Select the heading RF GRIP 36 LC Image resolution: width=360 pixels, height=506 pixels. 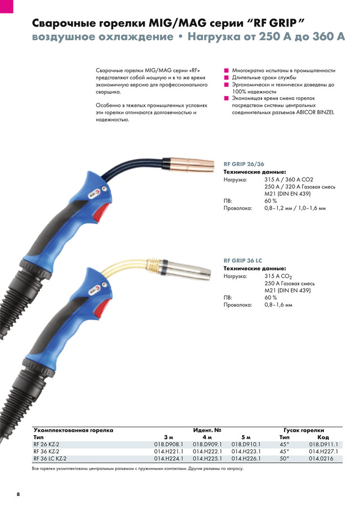coord(243,261)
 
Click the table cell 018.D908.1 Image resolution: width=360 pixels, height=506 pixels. coord(169,444)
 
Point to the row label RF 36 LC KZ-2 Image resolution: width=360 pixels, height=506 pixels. coord(50,458)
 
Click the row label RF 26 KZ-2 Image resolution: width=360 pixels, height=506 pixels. coord(46,444)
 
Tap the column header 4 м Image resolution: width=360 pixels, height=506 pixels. coord(207,437)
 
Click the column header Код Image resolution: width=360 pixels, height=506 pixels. coord(323,437)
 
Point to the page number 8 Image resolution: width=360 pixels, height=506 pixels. coord(17,494)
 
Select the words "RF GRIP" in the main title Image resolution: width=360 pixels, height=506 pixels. coord(272,24)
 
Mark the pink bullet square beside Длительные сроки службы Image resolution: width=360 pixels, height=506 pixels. coord(226,78)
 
